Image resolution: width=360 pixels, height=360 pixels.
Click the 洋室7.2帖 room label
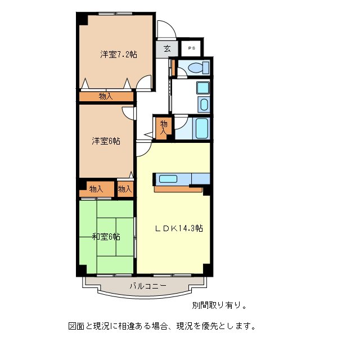(x=119, y=55)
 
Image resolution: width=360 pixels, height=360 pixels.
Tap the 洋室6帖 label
(x=106, y=141)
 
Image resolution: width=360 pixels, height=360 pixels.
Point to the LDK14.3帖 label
(x=179, y=228)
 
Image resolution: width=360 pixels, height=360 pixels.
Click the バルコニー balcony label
(x=148, y=286)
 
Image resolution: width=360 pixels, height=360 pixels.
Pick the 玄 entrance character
(x=167, y=48)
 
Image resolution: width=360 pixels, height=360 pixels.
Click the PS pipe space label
(x=191, y=48)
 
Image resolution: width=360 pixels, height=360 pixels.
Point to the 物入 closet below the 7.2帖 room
(x=106, y=96)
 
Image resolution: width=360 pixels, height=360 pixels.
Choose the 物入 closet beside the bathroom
(x=164, y=127)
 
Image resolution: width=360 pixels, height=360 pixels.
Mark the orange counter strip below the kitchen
(x=178, y=189)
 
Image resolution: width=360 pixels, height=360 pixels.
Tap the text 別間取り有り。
(x=219, y=305)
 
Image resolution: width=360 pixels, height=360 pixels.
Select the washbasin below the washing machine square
(x=202, y=105)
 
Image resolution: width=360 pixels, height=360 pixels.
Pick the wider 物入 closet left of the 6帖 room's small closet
(x=96, y=189)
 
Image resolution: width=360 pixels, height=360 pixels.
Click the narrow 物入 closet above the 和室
(x=125, y=189)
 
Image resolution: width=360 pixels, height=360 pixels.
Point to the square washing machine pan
(x=202, y=88)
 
